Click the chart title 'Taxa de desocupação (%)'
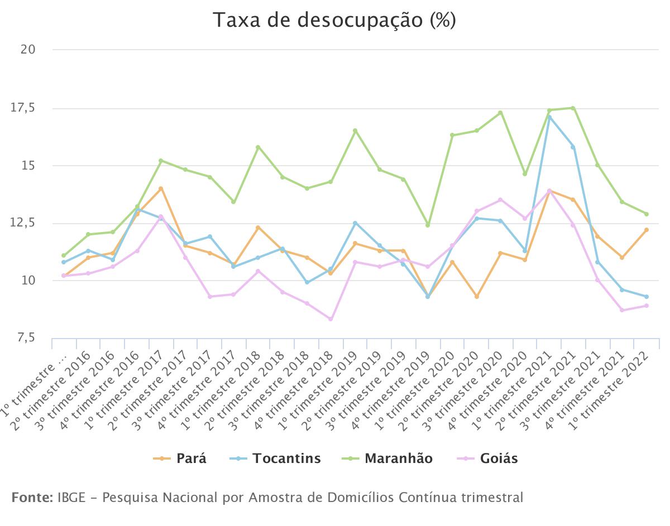click(x=334, y=21)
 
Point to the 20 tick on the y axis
click(x=28, y=50)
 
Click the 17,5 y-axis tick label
click(x=23, y=108)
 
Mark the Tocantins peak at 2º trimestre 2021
click(x=549, y=117)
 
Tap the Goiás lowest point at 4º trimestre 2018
click(x=331, y=319)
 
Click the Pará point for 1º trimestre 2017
click(x=161, y=189)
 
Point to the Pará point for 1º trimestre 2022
click(x=646, y=230)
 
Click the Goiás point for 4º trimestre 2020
click(x=524, y=218)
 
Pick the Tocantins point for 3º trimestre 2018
click(x=307, y=282)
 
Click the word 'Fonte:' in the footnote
click(x=31, y=497)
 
